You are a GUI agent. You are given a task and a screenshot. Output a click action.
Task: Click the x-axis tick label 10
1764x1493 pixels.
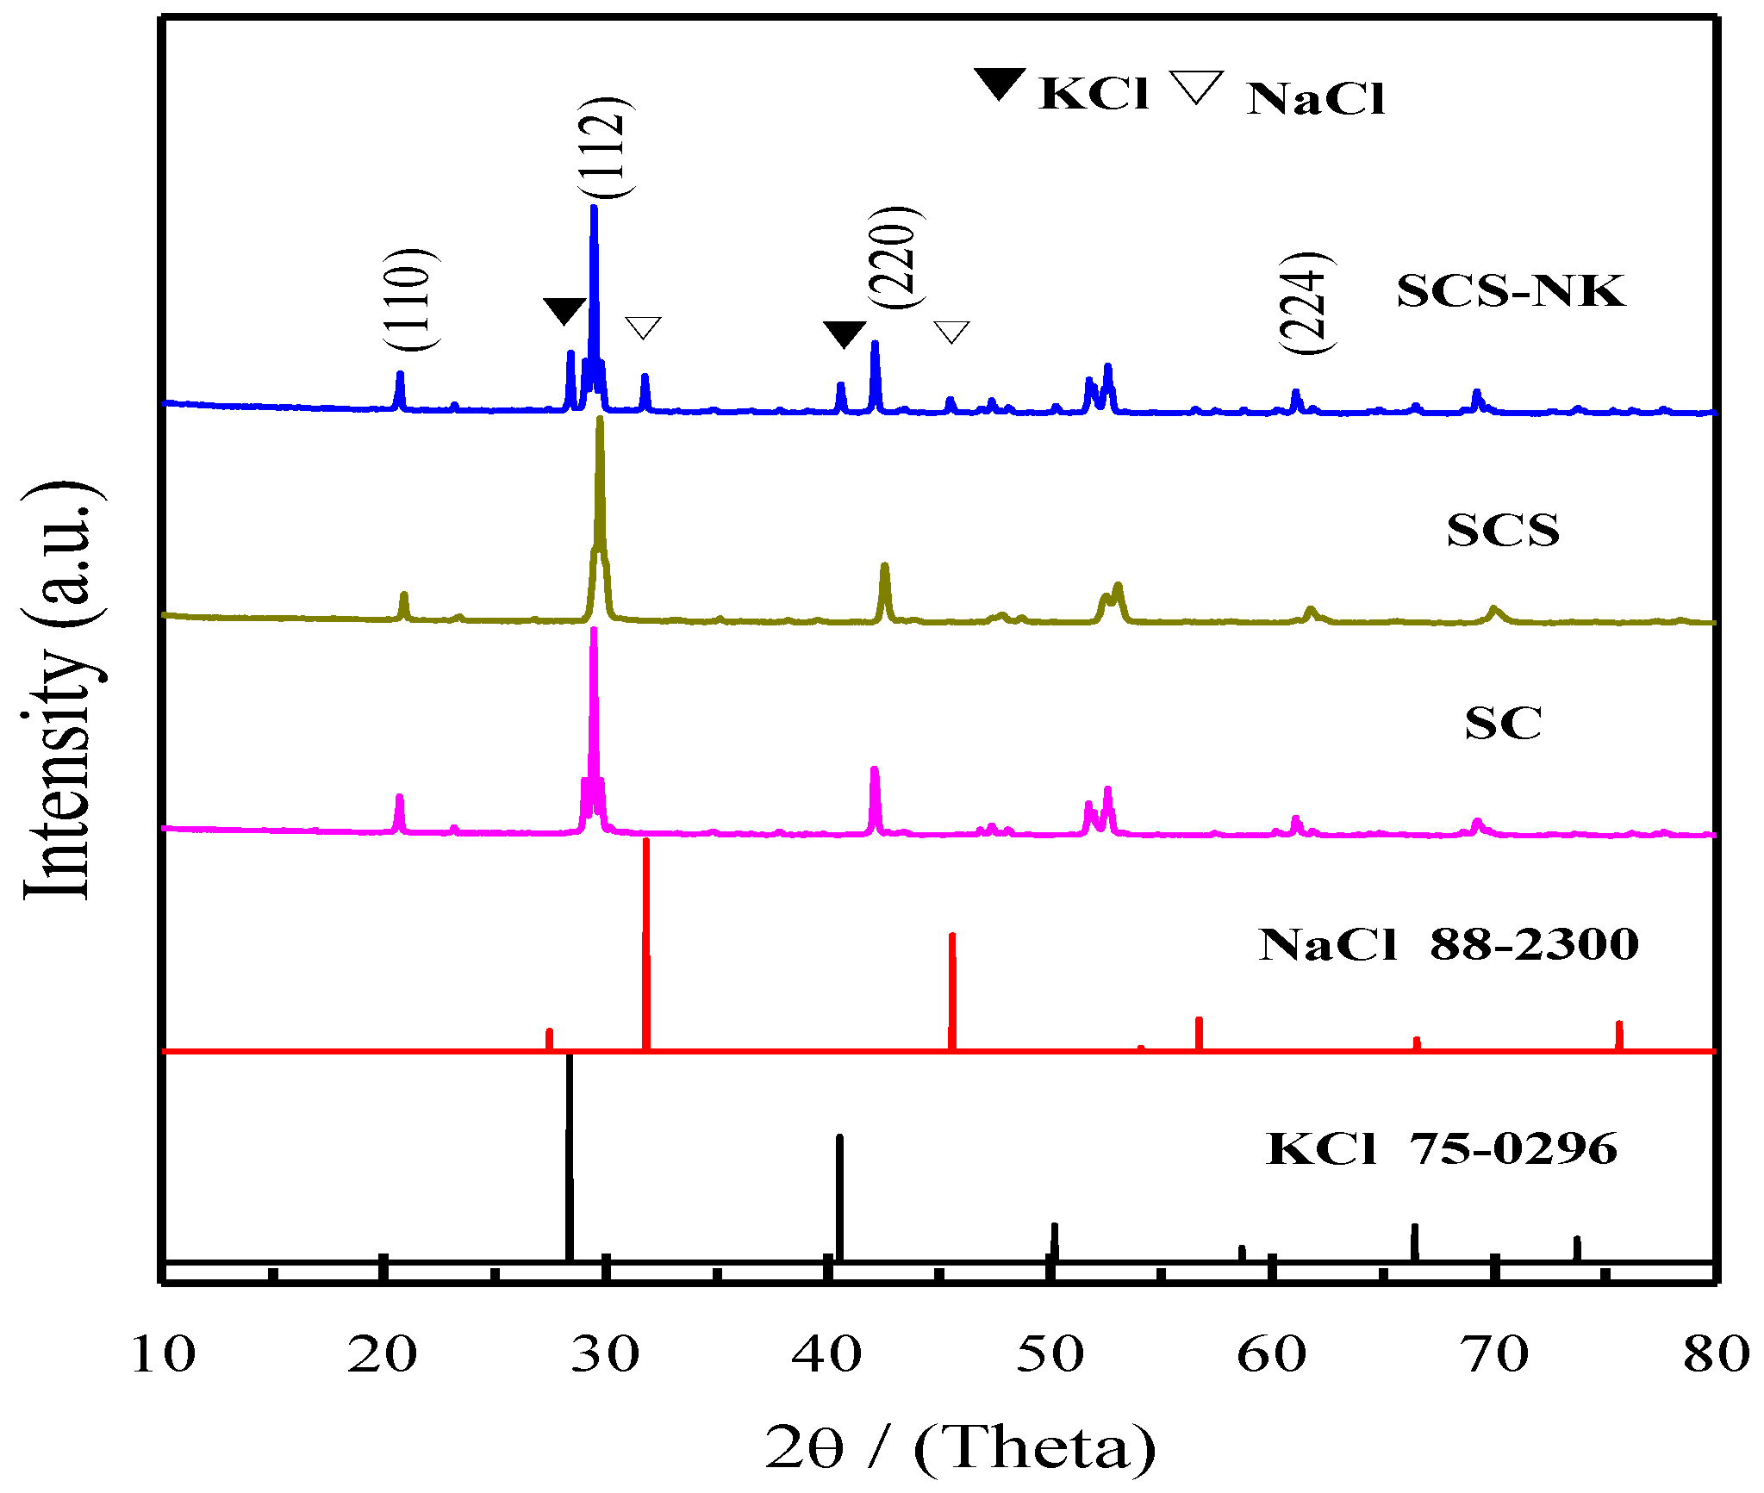point(163,1355)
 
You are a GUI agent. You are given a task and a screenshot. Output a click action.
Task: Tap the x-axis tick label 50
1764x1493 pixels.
point(1050,1355)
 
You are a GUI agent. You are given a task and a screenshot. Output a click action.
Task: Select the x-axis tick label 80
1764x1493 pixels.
point(1716,1355)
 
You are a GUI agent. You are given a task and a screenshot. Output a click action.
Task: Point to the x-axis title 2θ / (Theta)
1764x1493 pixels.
point(960,1447)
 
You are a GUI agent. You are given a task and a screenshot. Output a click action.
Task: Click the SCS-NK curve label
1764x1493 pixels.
point(1511,291)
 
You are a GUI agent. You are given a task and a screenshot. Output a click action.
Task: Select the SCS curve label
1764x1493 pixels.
point(1503,530)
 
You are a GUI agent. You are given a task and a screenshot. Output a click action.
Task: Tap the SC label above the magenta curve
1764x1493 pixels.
point(1503,723)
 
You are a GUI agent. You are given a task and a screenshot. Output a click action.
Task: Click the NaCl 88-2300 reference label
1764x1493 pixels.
point(1448,944)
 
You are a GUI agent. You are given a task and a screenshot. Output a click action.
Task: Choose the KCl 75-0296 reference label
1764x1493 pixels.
point(1442,1148)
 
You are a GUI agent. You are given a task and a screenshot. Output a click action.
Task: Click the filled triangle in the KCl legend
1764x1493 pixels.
point(1000,84)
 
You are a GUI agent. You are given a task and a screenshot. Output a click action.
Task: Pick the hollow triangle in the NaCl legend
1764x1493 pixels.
point(1196,87)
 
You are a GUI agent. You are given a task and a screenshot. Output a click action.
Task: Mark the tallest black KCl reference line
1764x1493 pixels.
point(569,1154)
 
